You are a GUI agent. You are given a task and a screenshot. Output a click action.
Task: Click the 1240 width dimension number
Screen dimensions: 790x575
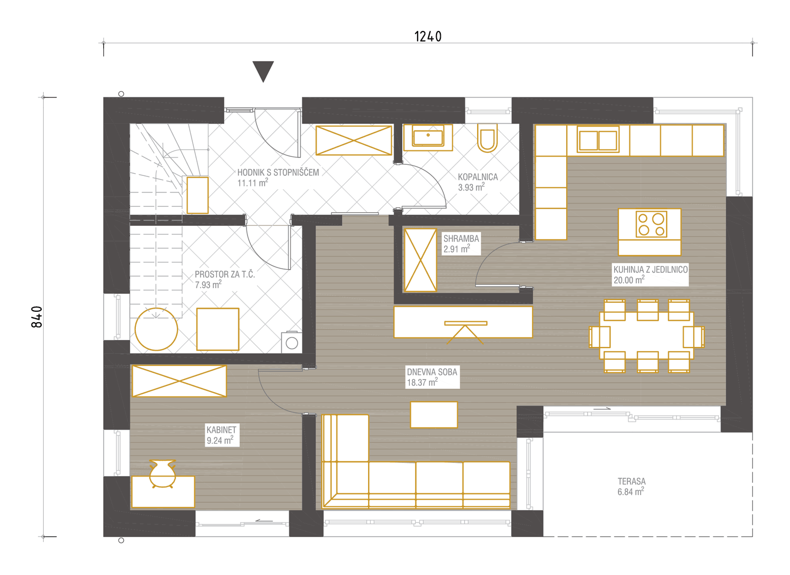pyautogui.click(x=428, y=36)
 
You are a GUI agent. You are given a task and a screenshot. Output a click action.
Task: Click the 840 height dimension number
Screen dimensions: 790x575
pyautogui.click(x=37, y=317)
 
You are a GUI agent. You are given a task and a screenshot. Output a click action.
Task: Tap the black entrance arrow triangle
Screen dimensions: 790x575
pyautogui.click(x=263, y=72)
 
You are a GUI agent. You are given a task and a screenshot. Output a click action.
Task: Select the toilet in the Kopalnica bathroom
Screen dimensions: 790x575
pyautogui.click(x=487, y=138)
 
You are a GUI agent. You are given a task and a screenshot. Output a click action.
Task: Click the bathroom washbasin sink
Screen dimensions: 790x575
pyautogui.click(x=428, y=137)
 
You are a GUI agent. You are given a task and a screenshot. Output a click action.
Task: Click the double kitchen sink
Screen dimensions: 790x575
pyautogui.click(x=598, y=140)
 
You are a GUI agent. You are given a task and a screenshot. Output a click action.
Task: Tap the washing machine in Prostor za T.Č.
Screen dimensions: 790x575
pyautogui.click(x=292, y=342)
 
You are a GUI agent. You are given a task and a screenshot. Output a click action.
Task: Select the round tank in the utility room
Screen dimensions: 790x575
pyautogui.click(x=156, y=329)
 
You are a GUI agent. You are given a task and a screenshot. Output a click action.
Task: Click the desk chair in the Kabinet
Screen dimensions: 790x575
pyautogui.click(x=162, y=473)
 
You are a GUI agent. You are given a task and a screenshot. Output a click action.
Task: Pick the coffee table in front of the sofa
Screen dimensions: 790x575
pyautogui.click(x=434, y=414)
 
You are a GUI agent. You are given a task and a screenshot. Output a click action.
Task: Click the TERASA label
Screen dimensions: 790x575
pyautogui.click(x=631, y=481)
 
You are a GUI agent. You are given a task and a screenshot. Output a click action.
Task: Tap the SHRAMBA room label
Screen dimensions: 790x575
pyautogui.click(x=461, y=239)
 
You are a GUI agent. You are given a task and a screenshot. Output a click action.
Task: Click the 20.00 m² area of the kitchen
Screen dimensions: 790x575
pyautogui.click(x=629, y=280)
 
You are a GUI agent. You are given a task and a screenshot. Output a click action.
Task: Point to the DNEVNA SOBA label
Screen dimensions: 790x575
pyautogui.click(x=432, y=372)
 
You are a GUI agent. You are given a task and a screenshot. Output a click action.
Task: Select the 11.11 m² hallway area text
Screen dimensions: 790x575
pyautogui.click(x=252, y=183)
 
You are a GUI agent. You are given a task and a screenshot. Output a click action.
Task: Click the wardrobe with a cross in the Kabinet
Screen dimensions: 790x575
pyautogui.click(x=179, y=381)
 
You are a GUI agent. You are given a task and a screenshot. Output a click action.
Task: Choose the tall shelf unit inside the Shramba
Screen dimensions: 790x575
pyautogui.click(x=420, y=260)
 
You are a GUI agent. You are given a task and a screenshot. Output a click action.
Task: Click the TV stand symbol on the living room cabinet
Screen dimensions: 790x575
pyautogui.click(x=466, y=332)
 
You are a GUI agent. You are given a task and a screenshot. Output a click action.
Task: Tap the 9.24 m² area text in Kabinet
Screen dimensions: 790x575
pyautogui.click(x=220, y=440)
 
